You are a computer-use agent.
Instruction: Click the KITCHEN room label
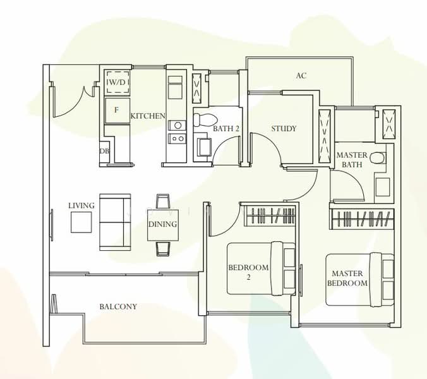[148, 116]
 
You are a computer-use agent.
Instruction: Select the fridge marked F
[116, 110]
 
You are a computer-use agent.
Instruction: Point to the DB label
[104, 152]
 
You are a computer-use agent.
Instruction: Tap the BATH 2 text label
[226, 129]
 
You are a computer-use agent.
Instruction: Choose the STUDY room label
[284, 129]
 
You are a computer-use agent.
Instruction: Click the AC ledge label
[301, 76]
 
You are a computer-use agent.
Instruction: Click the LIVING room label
[81, 205]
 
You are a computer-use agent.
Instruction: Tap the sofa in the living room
[115, 221]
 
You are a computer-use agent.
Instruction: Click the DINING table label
[162, 224]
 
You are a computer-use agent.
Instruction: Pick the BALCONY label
[118, 307]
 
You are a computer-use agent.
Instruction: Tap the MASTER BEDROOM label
[347, 279]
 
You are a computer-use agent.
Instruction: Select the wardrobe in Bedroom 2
[270, 215]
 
